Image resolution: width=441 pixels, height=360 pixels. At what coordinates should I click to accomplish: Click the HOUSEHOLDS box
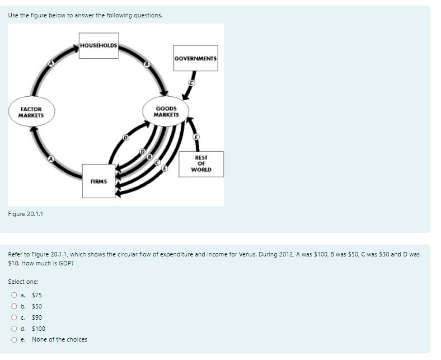click(x=98, y=45)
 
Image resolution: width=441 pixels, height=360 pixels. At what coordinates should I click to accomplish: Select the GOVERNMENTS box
click(x=196, y=58)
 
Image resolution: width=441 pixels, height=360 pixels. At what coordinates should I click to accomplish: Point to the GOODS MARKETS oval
click(x=166, y=111)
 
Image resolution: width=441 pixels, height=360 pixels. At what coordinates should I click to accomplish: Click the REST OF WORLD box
click(x=201, y=163)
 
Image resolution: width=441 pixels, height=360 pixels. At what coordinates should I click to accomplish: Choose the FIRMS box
click(x=98, y=181)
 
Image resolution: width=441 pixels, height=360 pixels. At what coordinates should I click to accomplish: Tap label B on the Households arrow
click(x=147, y=66)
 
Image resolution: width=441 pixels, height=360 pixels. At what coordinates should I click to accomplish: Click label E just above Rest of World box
click(x=196, y=137)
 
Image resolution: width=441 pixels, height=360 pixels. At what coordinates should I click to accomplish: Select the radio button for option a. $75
click(x=13, y=295)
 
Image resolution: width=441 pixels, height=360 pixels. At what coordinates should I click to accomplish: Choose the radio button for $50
click(x=13, y=306)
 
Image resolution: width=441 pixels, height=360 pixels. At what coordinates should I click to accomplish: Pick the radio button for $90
click(x=13, y=317)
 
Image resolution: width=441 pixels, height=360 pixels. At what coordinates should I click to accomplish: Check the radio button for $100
click(x=13, y=329)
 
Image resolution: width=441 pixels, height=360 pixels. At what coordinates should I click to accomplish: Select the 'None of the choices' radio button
click(x=13, y=339)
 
